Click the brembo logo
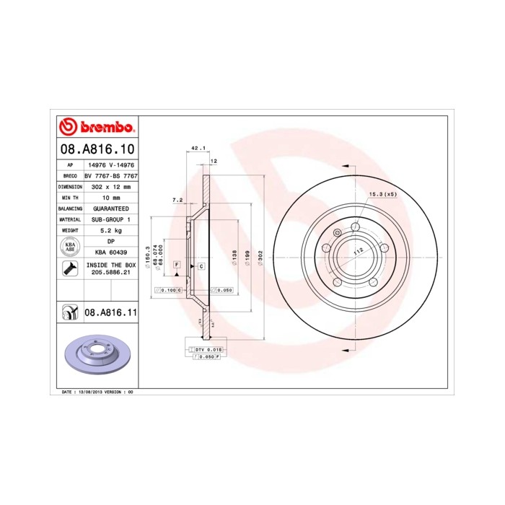pos(97,128)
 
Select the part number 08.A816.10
pos(97,150)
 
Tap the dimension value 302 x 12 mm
pos(111,186)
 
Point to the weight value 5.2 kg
pos(111,229)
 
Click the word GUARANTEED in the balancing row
pos(111,208)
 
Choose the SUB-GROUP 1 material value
pos(111,219)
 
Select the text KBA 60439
pos(111,252)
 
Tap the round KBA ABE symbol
pos(69,247)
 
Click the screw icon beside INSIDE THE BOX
pos(69,269)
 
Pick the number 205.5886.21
pos(111,273)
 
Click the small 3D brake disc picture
pos(97,357)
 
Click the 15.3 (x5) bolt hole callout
pos(382,194)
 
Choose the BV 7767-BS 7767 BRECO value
pos(111,175)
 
